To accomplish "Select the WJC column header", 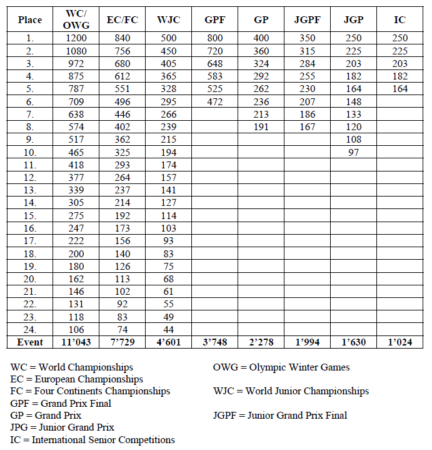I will [x=168, y=20].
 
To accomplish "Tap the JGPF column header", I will [x=307, y=20].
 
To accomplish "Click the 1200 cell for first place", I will [x=78, y=38].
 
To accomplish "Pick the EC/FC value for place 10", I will [x=123, y=152].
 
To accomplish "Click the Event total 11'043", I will [x=78, y=342].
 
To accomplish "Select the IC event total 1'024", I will [x=399, y=342].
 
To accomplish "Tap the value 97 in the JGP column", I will [x=353, y=152].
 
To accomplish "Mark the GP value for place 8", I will [x=261, y=126].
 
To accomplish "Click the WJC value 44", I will [x=168, y=329].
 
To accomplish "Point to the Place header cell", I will [x=30, y=20].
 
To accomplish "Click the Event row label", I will [x=30, y=342].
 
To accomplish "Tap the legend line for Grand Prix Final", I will [x=61, y=403].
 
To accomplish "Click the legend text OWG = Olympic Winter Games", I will [x=281, y=367].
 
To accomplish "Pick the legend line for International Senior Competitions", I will [x=93, y=439].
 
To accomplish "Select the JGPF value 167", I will [x=307, y=126].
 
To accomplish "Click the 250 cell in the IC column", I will [x=399, y=38].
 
